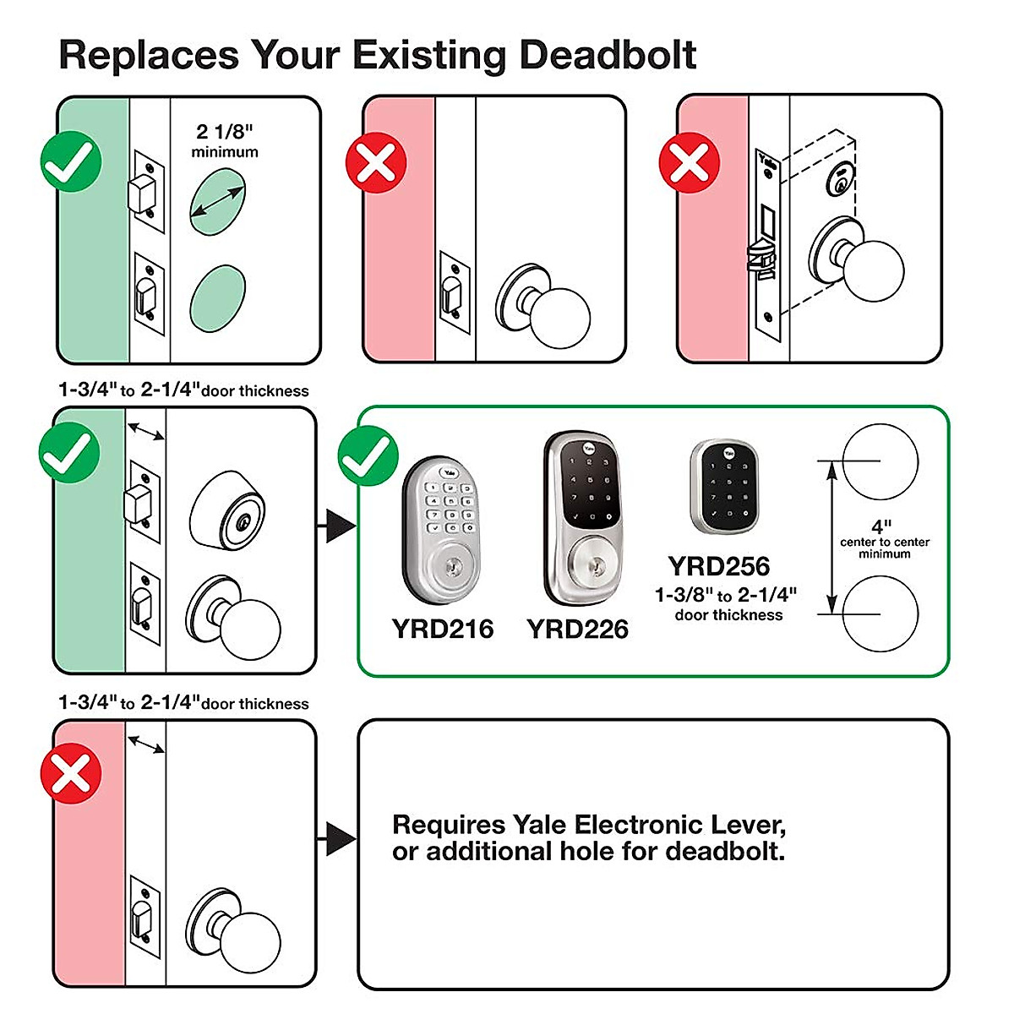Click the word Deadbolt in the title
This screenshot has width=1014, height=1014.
click(608, 55)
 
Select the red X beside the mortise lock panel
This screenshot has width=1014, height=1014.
click(689, 163)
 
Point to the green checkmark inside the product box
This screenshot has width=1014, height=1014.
click(368, 456)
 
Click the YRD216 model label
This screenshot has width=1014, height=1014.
click(442, 630)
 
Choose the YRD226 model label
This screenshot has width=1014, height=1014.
click(577, 630)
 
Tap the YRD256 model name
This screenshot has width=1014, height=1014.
click(719, 566)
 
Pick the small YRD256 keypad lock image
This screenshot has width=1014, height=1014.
click(720, 487)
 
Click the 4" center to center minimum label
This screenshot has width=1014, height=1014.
click(884, 539)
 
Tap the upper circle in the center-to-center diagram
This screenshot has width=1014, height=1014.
click(880, 461)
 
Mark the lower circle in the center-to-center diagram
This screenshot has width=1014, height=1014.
click(880, 614)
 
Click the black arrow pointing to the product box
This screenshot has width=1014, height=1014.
click(339, 526)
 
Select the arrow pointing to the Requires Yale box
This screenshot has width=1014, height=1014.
click(339, 839)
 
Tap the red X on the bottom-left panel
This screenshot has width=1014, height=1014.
click(71, 773)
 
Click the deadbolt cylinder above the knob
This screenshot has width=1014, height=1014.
click(226, 511)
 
